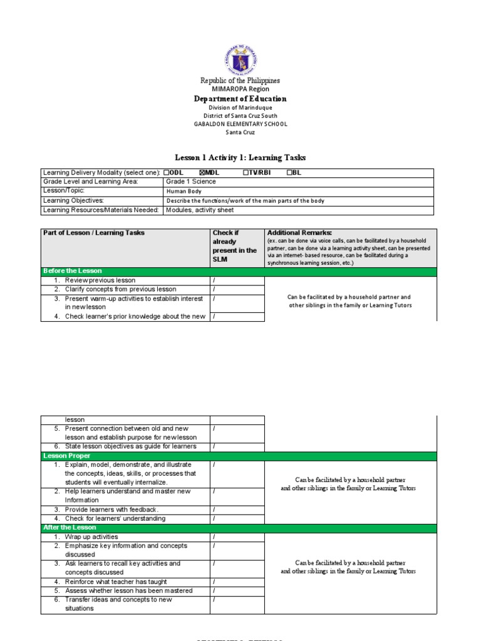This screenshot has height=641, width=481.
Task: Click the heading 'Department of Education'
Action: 240,98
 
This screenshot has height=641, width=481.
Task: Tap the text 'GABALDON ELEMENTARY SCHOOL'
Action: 240,124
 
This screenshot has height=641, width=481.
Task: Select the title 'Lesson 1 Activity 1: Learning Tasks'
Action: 240,157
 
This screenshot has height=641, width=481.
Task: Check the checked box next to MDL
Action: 202,173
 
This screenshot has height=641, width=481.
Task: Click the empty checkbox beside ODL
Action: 166,173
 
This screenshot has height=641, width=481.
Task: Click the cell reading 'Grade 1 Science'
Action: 190,182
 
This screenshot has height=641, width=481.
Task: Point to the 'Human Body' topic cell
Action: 183,192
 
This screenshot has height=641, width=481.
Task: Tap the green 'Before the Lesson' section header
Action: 73,271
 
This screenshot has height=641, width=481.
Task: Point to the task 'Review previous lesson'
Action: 100,280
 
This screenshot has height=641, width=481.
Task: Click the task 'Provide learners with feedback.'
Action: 111,510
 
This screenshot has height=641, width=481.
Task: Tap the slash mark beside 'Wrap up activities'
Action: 214,537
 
